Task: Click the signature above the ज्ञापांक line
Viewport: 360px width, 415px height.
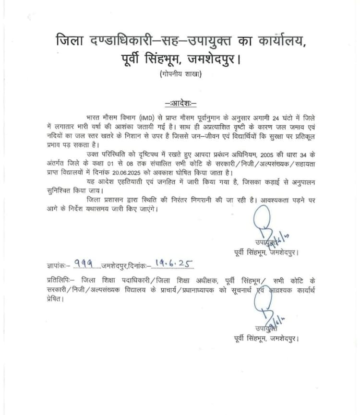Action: click(x=269, y=230)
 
